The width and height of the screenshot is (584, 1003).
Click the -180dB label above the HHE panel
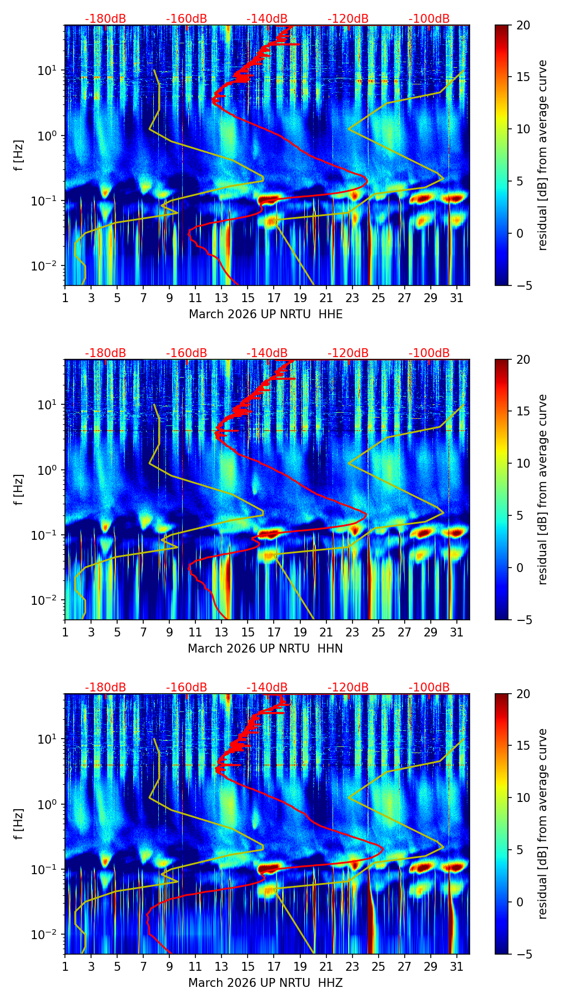click(x=105, y=19)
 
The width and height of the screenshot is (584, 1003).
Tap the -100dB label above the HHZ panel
click(x=429, y=688)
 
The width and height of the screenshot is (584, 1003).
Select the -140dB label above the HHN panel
click(x=267, y=353)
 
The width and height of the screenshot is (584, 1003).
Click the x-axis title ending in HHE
click(x=265, y=314)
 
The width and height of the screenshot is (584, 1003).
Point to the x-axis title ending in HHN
click(x=265, y=649)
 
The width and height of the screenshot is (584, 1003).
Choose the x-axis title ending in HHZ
click(x=265, y=983)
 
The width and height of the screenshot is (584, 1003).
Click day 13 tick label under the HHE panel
click(x=221, y=298)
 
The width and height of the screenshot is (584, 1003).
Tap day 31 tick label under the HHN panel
click(x=456, y=633)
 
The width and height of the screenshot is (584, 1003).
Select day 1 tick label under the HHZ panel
click(x=65, y=967)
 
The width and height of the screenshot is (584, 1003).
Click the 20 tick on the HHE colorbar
click(x=523, y=25)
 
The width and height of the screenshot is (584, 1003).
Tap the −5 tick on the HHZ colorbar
click(x=523, y=954)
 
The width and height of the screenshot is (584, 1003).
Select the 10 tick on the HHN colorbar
click(x=523, y=463)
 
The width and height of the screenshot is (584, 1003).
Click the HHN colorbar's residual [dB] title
click(x=543, y=489)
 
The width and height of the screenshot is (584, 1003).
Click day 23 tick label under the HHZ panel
click(x=352, y=967)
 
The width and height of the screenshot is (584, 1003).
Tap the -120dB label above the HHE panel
click(x=348, y=19)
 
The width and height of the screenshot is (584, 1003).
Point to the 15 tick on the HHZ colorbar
click(x=523, y=745)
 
